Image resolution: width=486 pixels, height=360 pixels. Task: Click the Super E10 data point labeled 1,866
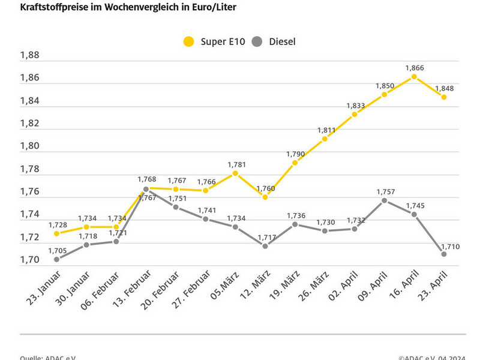[x=414, y=77]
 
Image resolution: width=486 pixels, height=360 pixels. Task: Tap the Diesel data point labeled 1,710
[x=444, y=254]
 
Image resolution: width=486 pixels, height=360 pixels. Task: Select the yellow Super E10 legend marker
[x=189, y=41]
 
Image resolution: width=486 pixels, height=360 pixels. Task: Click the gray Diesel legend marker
[x=257, y=41]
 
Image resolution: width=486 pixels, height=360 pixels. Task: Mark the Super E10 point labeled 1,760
[x=265, y=197]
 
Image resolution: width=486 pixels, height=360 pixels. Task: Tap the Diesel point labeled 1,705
[x=56, y=259]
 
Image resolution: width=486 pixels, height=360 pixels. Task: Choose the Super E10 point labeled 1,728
[x=56, y=233]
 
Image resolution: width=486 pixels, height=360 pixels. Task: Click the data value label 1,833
[x=355, y=106]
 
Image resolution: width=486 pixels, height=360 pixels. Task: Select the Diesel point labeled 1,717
[x=265, y=245]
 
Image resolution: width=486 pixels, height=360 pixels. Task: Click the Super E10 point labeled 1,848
[x=444, y=97]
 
